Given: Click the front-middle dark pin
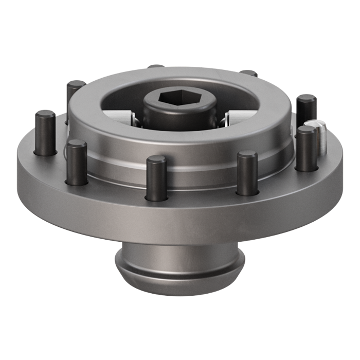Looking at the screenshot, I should coord(156,178).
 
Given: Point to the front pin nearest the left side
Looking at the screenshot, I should coord(77,162).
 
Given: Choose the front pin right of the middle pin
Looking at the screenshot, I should coord(247,173).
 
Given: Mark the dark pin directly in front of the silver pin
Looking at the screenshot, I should coord(306,149).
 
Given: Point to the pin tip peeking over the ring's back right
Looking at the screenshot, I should coord(249,74).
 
